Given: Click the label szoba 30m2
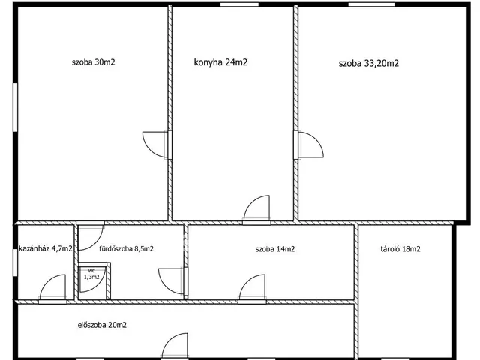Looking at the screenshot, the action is tap(93, 62).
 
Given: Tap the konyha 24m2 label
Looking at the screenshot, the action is tap(220, 62).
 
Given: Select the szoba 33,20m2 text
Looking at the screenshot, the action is tap(369, 63).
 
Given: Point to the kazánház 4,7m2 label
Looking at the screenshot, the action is tap(46, 248).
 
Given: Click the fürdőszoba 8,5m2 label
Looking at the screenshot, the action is tap(126, 248).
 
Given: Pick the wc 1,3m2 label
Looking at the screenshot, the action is tap(91, 274).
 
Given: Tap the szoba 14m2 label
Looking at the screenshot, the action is tap(275, 249).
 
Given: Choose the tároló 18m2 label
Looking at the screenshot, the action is tap(400, 249).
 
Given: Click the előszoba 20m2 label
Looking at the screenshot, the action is tap(102, 325).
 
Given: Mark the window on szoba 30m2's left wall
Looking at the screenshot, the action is tap(15, 107).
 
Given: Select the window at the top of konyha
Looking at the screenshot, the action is tap(240, 4).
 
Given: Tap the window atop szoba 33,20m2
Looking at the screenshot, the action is tap(371, 4).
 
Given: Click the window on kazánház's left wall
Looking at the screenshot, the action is tap(15, 262).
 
